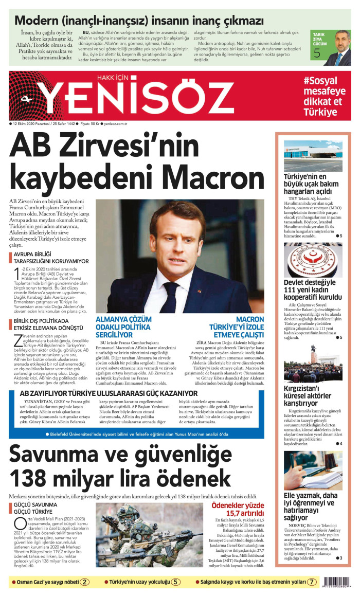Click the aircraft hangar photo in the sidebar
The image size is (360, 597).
tap(313, 156)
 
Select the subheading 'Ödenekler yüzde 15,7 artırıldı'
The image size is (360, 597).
tap(237, 509)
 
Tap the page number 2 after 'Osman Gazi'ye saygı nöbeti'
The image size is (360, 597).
tap(85, 582)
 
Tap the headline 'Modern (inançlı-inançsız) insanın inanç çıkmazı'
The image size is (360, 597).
tap(139, 21)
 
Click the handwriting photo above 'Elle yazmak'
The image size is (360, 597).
tap(313, 471)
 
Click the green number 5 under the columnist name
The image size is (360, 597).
tap(317, 52)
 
